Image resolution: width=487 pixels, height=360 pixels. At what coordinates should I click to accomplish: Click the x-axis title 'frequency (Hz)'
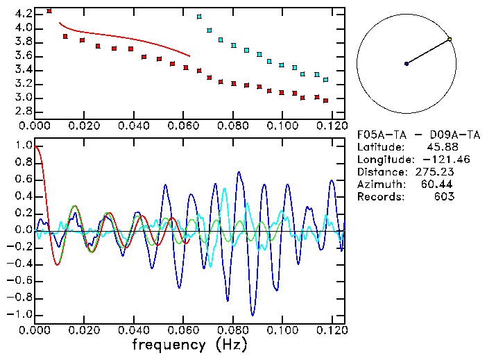click(189, 345)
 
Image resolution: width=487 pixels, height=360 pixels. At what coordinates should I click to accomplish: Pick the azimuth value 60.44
click(438, 185)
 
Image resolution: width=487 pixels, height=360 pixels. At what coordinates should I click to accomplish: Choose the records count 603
click(443, 197)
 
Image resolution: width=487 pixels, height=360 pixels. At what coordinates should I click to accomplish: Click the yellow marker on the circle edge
click(450, 39)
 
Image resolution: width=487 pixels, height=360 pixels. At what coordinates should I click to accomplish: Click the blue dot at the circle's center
click(407, 64)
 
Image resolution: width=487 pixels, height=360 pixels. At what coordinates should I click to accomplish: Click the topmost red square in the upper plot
click(49, 11)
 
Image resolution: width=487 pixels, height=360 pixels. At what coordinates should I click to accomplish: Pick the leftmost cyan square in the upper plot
click(200, 16)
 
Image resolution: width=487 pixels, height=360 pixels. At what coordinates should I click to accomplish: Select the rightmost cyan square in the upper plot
click(325, 80)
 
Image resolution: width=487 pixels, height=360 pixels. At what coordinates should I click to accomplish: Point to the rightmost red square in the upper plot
click(325, 100)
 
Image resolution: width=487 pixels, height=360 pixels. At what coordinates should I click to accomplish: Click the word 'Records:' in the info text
click(379, 197)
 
